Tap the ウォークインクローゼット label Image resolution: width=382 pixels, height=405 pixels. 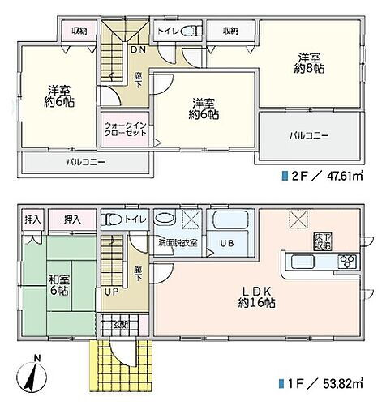click(x=125, y=132)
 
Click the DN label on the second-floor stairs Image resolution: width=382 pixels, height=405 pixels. click(x=138, y=49)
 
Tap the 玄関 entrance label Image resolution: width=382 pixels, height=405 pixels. click(x=120, y=326)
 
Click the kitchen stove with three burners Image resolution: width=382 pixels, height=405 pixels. click(x=346, y=261)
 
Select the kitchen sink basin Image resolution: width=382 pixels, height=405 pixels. click(x=301, y=261)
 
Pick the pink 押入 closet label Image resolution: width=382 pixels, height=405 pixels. click(x=72, y=219)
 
